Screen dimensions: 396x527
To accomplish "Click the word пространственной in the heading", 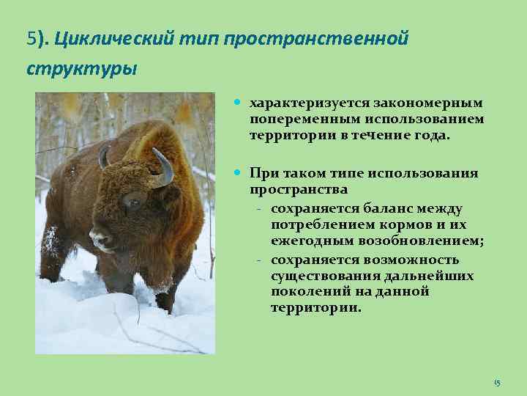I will pos(315,38).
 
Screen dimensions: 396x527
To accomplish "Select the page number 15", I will pos(497,383).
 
